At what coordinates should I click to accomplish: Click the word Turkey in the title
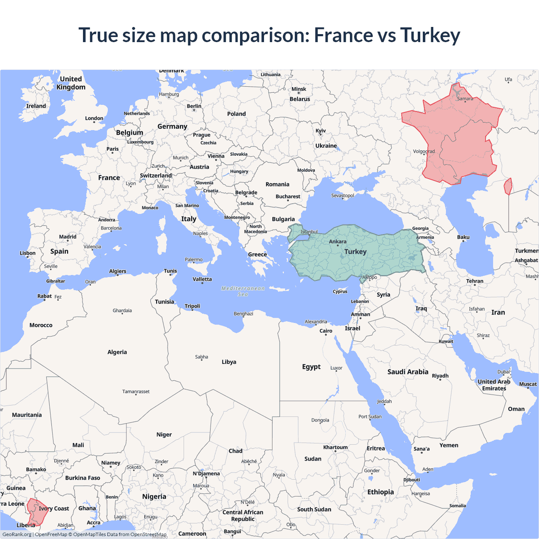pyautogui.click(x=430, y=35)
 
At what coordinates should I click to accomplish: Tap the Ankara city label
pyautogui.click(x=338, y=242)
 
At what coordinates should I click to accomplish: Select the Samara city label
pyautogui.click(x=465, y=99)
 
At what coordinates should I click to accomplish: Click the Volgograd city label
pyautogui.click(x=424, y=152)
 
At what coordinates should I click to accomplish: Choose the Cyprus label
pyautogui.click(x=340, y=291)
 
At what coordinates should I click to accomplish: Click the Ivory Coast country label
pyautogui.click(x=54, y=509)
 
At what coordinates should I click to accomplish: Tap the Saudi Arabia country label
pyautogui.click(x=408, y=372)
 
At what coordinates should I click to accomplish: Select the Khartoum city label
pyautogui.click(x=335, y=447)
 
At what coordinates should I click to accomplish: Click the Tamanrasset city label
pyautogui.click(x=136, y=392)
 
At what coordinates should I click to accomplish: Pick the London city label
pyautogui.click(x=94, y=118)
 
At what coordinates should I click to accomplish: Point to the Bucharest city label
pyautogui.click(x=288, y=197)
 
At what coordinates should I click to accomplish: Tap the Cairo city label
pyautogui.click(x=326, y=331)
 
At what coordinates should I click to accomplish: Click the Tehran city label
pyautogui.click(x=475, y=281)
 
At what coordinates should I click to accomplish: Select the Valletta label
pyautogui.click(x=202, y=279)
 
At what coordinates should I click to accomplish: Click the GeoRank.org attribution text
pyautogui.click(x=17, y=534)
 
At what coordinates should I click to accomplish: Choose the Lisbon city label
pyautogui.click(x=27, y=253)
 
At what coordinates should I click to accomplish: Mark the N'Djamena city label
pyautogui.click(x=206, y=474)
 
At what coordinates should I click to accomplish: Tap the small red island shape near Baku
pyautogui.click(x=508, y=186)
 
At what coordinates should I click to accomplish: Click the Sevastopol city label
pyautogui.click(x=342, y=195)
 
